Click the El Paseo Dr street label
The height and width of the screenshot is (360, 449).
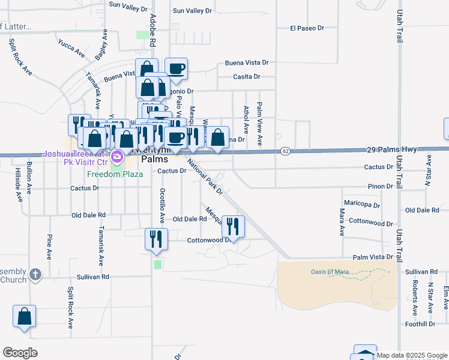tap(306, 28)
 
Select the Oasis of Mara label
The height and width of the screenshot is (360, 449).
tap(330, 272)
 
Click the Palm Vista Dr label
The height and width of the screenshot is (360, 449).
tap(373, 257)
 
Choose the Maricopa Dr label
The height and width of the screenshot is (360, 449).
tap(361, 205)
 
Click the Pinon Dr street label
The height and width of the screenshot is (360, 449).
tap(381, 187)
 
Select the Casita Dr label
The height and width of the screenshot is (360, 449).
tap(247, 77)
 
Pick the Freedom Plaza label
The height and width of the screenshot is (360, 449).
tap(115, 174)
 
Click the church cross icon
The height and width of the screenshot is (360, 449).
tap(35, 275)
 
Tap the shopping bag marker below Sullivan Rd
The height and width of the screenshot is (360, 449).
tap(24, 316)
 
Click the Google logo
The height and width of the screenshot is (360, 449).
tap(20, 352)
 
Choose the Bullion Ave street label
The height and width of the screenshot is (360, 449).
tap(28, 178)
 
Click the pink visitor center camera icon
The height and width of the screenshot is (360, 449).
tap(117, 158)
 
